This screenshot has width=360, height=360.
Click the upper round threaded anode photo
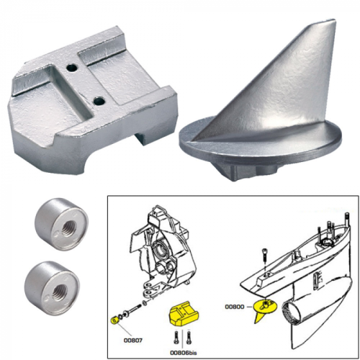pyautogui.click(x=55, y=225)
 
